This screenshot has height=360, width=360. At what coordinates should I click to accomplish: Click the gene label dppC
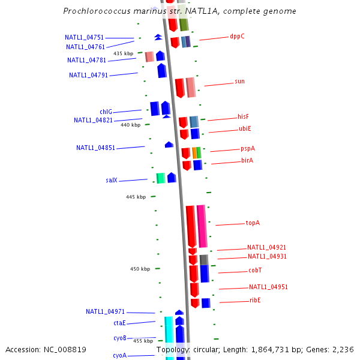click(x=237, y=36)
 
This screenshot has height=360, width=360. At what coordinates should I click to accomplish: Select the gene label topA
click(x=253, y=223)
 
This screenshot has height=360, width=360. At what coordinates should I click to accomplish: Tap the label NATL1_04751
click(x=85, y=37)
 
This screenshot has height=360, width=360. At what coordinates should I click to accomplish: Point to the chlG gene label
click(x=106, y=112)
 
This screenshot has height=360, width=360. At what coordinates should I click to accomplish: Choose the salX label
click(x=111, y=180)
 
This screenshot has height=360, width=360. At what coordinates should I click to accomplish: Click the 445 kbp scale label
click(x=136, y=197)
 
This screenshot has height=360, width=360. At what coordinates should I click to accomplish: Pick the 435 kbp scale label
click(x=123, y=53)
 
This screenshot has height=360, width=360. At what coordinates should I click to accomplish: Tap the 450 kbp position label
click(x=140, y=269)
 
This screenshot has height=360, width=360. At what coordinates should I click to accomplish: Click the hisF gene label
click(x=243, y=116)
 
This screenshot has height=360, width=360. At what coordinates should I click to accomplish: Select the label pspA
click(x=248, y=148)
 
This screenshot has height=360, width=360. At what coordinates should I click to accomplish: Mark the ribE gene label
click(x=255, y=300)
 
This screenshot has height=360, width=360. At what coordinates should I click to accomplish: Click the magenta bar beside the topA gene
click(x=202, y=226)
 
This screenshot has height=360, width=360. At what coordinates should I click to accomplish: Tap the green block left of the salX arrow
click(x=161, y=178)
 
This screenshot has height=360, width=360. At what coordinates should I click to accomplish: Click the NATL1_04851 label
click(x=95, y=148)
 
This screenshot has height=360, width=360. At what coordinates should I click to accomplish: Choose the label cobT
click(x=255, y=271)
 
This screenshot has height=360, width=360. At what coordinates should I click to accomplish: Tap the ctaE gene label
click(x=119, y=323)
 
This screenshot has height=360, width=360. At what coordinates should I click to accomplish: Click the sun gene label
click(x=239, y=82)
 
